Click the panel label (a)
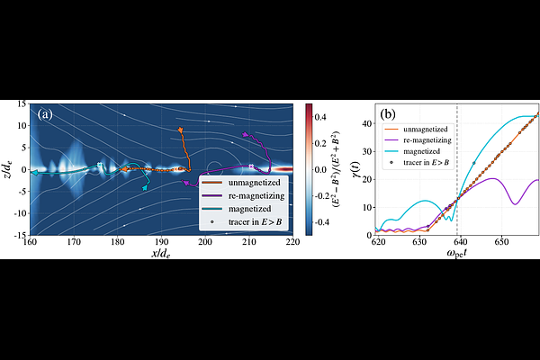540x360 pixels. [x=46, y=114]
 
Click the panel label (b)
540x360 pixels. [x=388, y=114]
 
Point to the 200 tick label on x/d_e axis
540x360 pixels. [x=205, y=242]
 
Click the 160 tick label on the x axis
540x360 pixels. [x=30, y=242]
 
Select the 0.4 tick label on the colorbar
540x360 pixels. [x=320, y=118]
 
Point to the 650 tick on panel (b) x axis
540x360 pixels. [x=502, y=242]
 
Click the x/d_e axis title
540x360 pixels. [x=161, y=254]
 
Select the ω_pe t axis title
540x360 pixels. [x=457, y=254]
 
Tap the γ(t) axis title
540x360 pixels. [x=355, y=169]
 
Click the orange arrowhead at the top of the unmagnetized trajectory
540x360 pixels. [x=180, y=130]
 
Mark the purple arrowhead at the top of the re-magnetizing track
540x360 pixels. [x=245, y=134]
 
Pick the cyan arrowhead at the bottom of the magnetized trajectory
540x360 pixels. [x=145, y=188]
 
